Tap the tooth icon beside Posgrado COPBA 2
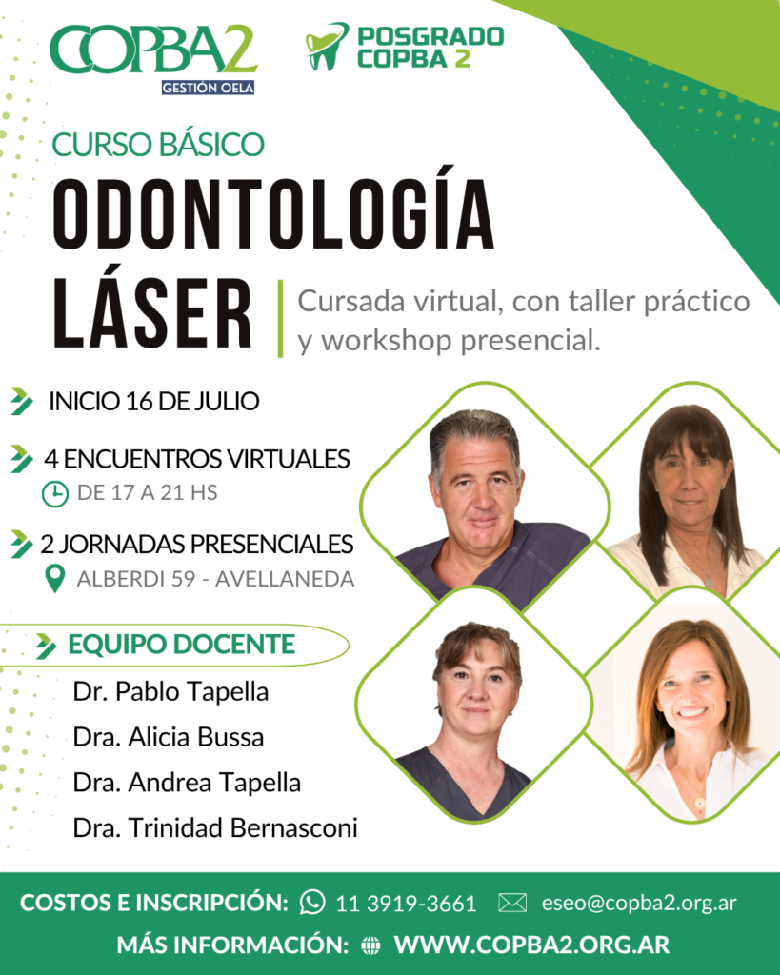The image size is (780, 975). tap(327, 47)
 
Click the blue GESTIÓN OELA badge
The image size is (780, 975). tap(208, 88)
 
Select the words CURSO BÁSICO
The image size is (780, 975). tap(158, 145)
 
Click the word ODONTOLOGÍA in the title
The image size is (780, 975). tap(273, 214)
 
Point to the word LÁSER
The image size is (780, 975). tap(152, 313)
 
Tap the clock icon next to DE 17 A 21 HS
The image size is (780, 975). tap(54, 494)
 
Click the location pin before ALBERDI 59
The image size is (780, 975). tap(55, 579)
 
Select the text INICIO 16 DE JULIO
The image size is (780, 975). tap(154, 401)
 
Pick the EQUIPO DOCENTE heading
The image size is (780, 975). tap(182, 645)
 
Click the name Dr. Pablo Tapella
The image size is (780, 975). tap(170, 691)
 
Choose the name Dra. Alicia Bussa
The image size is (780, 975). tap(168, 737)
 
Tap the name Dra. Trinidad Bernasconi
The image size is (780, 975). tap(215, 827)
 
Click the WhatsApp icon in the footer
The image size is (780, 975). tap(312, 902)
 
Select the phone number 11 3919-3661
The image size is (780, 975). tap(406, 903)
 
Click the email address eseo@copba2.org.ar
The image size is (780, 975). tap(639, 903)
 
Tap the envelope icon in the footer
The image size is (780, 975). tap(512, 903)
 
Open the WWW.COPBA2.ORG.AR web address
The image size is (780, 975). tap(531, 945)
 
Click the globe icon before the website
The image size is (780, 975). tap(370, 945)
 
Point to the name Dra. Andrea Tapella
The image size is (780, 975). tap(187, 783)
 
